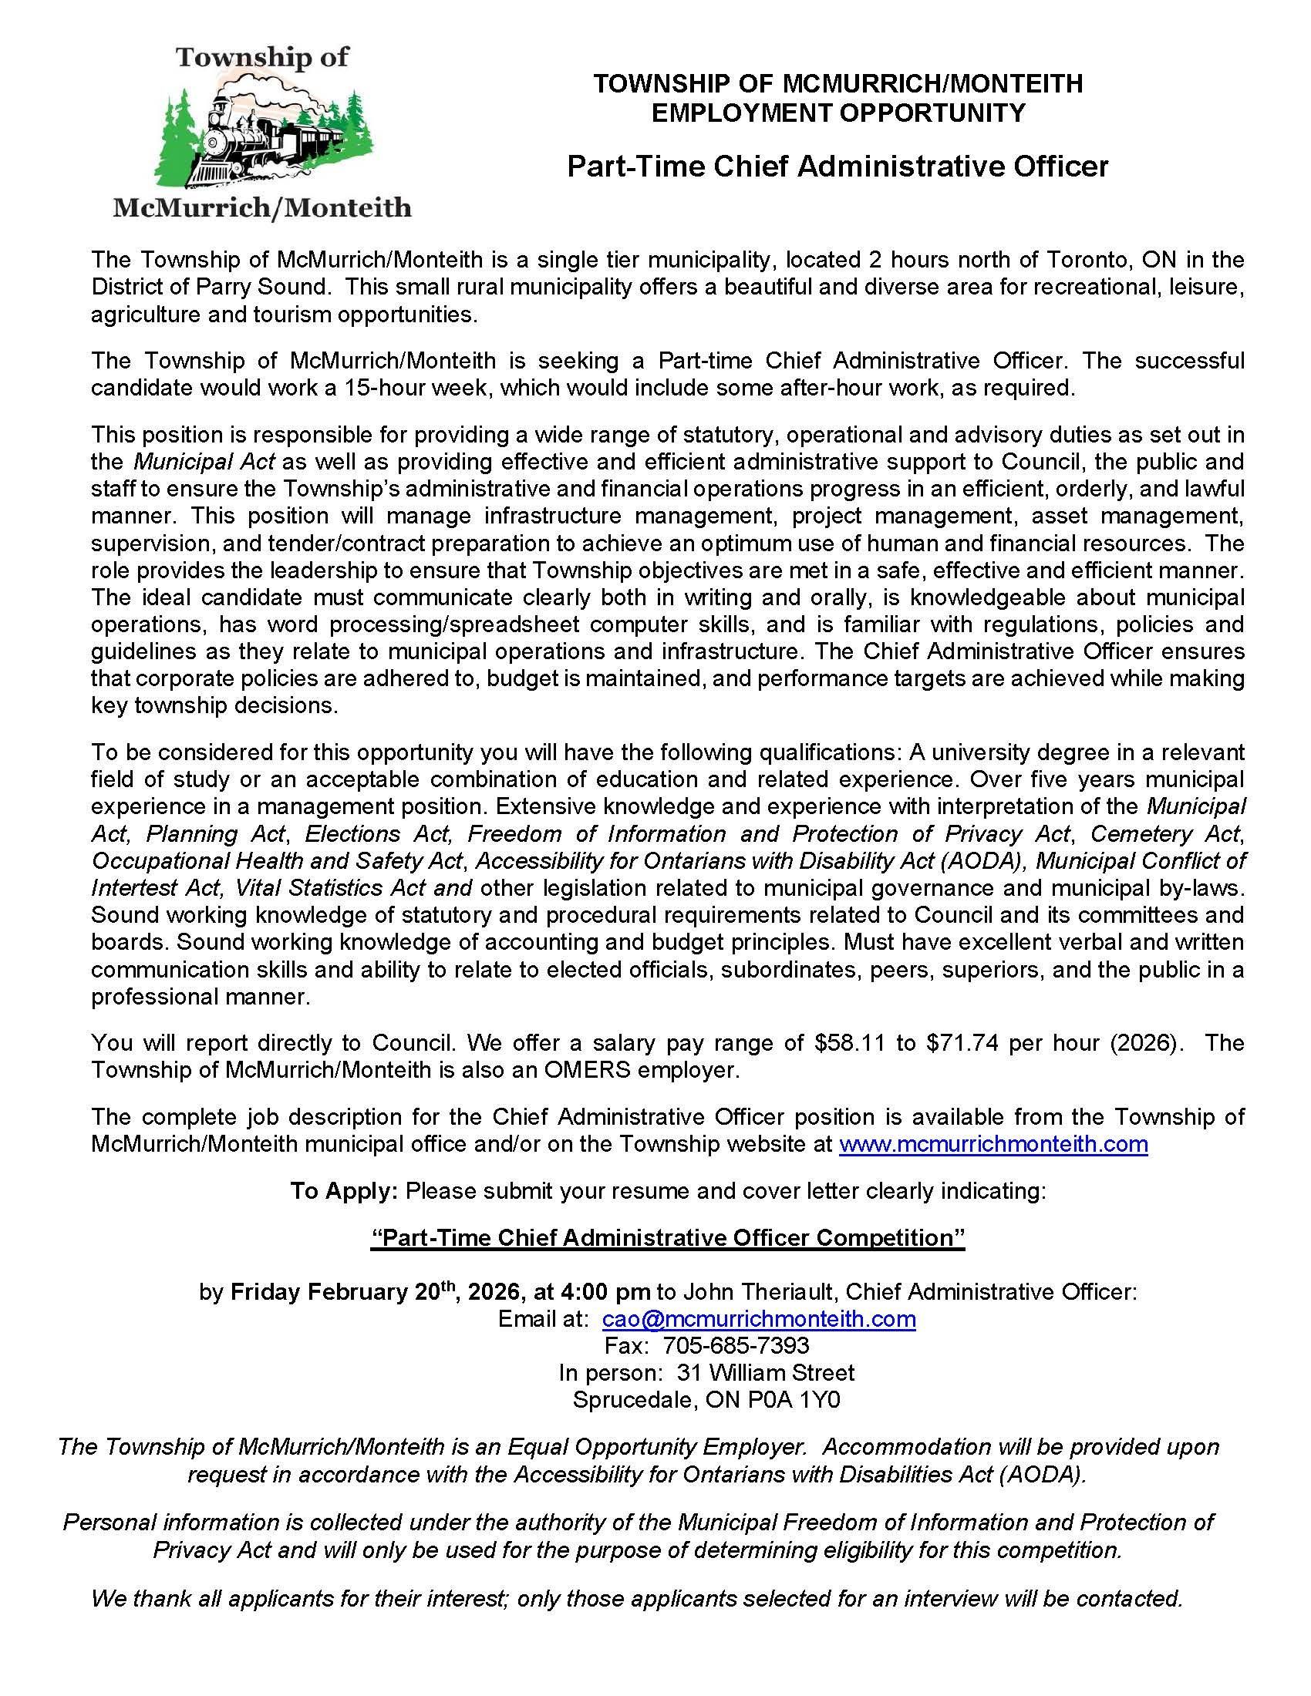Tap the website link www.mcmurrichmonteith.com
(x=993, y=1144)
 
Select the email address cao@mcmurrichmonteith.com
(x=759, y=1318)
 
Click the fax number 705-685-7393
(x=736, y=1345)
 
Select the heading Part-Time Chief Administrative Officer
(x=837, y=166)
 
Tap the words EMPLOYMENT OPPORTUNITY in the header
(x=838, y=113)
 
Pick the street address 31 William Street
(x=765, y=1372)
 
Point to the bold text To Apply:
(x=344, y=1190)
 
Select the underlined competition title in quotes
(x=668, y=1237)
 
